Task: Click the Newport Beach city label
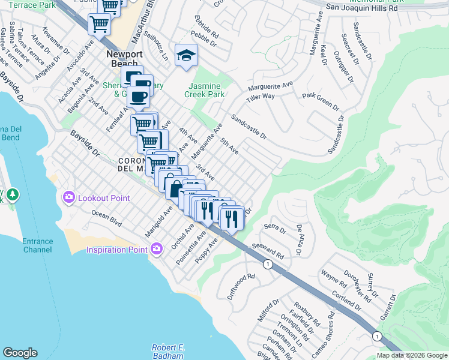125,59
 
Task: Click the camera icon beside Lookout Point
69,197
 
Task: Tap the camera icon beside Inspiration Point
157,249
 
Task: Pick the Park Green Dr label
320,100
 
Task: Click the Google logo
20,353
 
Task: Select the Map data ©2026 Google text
411,355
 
